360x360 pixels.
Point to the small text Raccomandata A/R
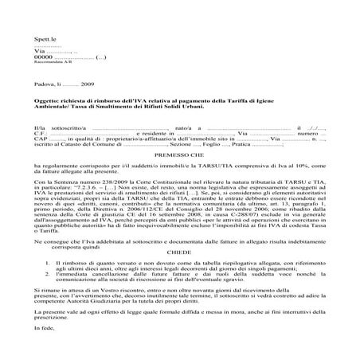[x=50, y=65]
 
